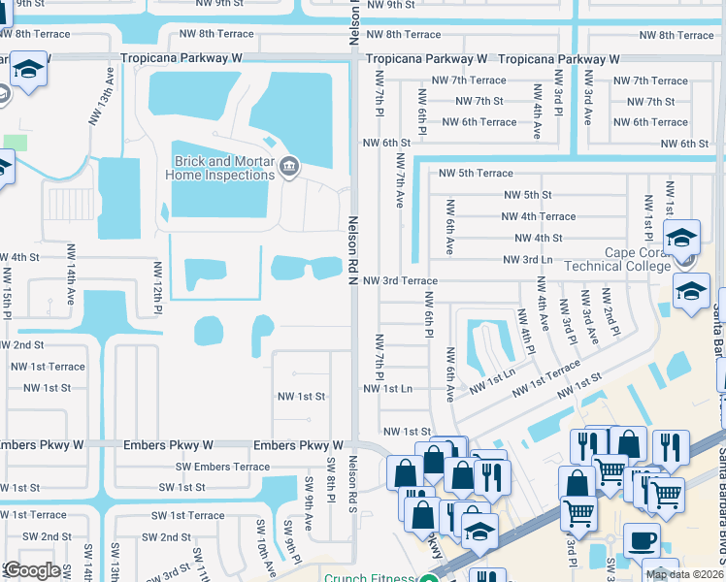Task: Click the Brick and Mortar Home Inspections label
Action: pyautogui.click(x=223, y=168)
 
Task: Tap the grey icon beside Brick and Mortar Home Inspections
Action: pyautogui.click(x=288, y=169)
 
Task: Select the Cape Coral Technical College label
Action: pyautogui.click(x=650, y=260)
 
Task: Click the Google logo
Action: pyautogui.click(x=32, y=569)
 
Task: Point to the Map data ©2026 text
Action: pyautogui.click(x=685, y=574)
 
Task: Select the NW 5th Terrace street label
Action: pyautogui.click(x=475, y=174)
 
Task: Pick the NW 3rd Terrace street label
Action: pyautogui.click(x=400, y=280)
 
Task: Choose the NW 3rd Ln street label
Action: pyautogui.click(x=527, y=260)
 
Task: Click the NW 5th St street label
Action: pyautogui.click(x=527, y=195)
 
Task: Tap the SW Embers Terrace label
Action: pyautogui.click(x=222, y=467)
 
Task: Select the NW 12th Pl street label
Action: pyautogui.click(x=156, y=287)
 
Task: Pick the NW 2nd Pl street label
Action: pyautogui.click(x=608, y=309)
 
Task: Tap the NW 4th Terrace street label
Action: pyautogui.click(x=534, y=216)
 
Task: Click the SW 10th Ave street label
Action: pyautogui.click(x=261, y=543)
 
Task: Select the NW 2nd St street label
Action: pyautogui.click(x=21, y=344)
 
